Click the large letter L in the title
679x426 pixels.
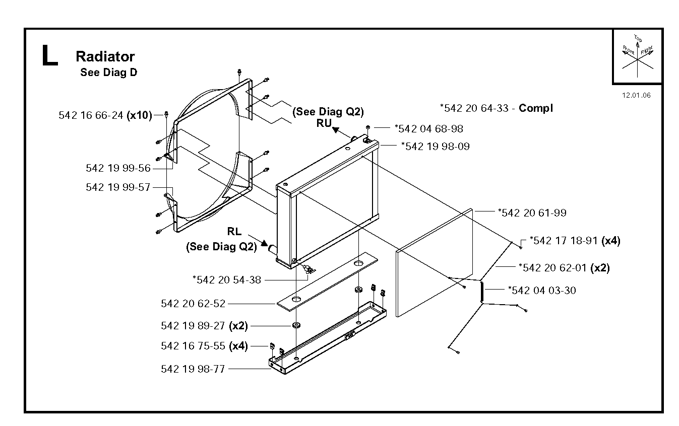[x=50, y=55]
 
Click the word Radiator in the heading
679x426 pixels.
[x=105, y=56]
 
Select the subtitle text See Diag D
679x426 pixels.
[x=108, y=73]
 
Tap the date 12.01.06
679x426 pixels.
[x=636, y=95]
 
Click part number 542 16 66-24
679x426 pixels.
[x=91, y=115]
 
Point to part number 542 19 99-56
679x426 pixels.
[x=118, y=168]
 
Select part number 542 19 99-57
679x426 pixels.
[x=118, y=187]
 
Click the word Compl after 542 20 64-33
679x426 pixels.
[x=536, y=108]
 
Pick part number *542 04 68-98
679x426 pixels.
[x=429, y=129]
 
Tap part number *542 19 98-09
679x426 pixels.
[x=436, y=147]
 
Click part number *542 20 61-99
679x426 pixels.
[x=532, y=213]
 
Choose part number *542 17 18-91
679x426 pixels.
[x=564, y=241]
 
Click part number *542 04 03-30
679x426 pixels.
[x=542, y=291]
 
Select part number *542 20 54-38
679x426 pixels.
[x=227, y=280]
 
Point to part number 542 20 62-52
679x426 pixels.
[x=193, y=303]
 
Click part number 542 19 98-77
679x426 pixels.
[x=193, y=369]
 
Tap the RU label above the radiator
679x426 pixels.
[x=324, y=123]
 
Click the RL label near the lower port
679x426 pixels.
[x=234, y=232]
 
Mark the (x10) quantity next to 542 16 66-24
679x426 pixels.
[x=139, y=115]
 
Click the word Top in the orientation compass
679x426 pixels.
[x=638, y=38]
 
